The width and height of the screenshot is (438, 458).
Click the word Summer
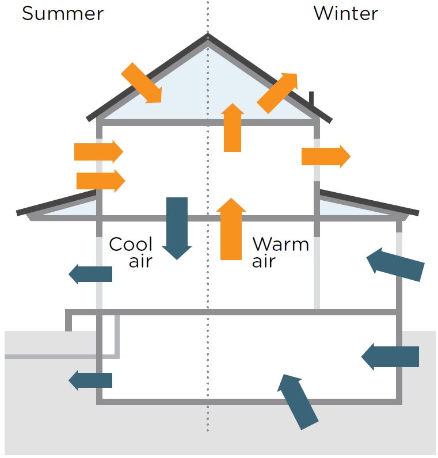[63, 14]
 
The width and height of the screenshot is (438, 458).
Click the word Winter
[346, 13]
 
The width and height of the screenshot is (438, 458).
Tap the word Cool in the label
[131, 244]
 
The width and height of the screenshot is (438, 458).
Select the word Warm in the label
[280, 244]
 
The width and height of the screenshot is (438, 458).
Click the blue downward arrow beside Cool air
[177, 228]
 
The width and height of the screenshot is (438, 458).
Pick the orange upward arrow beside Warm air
[231, 228]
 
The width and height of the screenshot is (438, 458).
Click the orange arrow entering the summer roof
[142, 83]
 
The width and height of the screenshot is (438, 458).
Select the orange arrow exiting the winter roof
[277, 93]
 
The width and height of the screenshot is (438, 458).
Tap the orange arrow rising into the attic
[233, 127]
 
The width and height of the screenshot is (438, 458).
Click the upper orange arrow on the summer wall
[99, 151]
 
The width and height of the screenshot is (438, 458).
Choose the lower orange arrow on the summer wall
[101, 181]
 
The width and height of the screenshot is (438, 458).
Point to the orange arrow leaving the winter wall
[326, 157]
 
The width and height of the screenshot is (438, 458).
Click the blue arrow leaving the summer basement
[90, 380]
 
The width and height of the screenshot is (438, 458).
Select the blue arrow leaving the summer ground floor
[90, 274]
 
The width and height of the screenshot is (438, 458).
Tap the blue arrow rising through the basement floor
[297, 402]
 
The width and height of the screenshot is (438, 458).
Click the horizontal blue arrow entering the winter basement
[390, 357]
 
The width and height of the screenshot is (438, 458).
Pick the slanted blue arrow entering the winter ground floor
[395, 264]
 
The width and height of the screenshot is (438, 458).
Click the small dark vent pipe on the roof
[311, 99]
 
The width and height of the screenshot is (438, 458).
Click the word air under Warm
[264, 261]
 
